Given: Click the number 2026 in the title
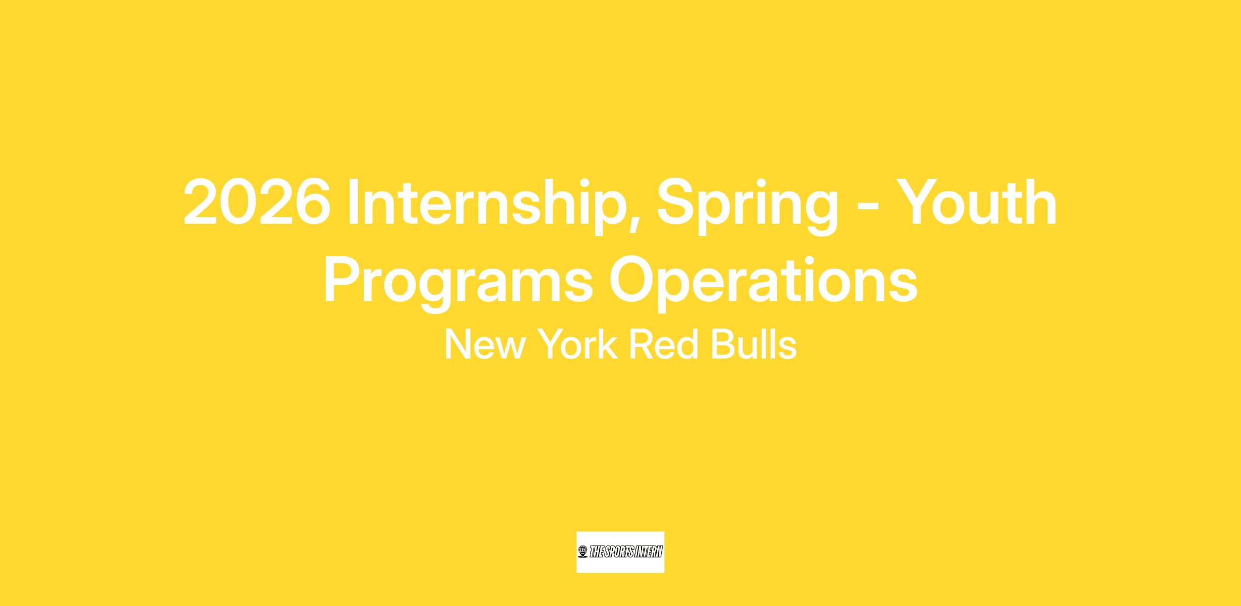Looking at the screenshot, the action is point(257,202).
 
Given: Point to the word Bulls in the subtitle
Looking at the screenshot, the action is point(753,344).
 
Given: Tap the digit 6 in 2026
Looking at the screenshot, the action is point(313,202).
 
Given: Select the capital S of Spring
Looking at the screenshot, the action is point(675,202).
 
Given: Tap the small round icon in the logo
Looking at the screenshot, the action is point(583,552).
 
